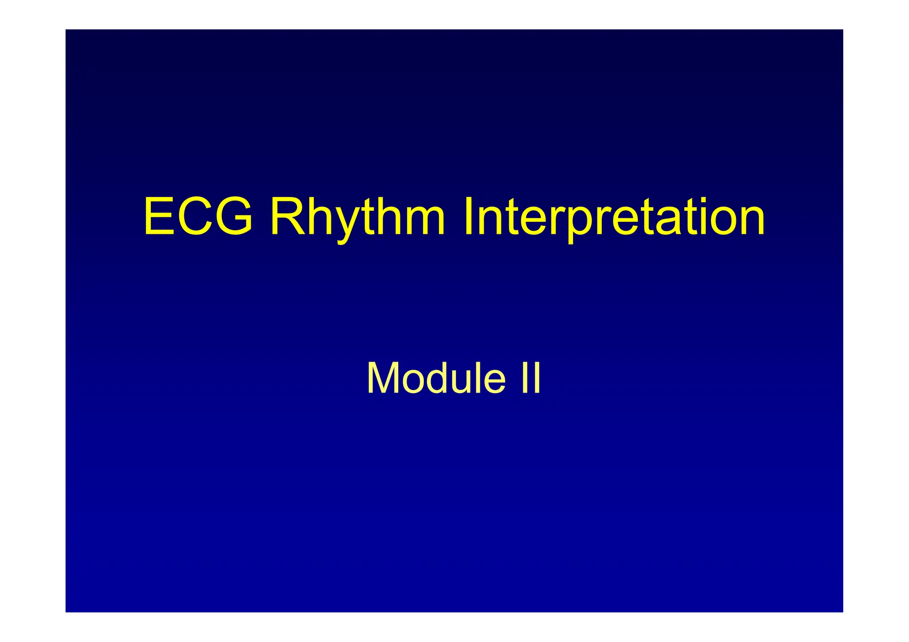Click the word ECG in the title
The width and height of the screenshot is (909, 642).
click(198, 217)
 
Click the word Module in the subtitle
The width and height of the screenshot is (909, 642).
click(435, 378)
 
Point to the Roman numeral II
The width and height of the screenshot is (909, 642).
click(531, 378)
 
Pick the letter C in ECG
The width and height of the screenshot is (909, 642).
click(196, 217)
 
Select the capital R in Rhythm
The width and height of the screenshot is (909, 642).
click(287, 217)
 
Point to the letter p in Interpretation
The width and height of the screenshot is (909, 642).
click(584, 224)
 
